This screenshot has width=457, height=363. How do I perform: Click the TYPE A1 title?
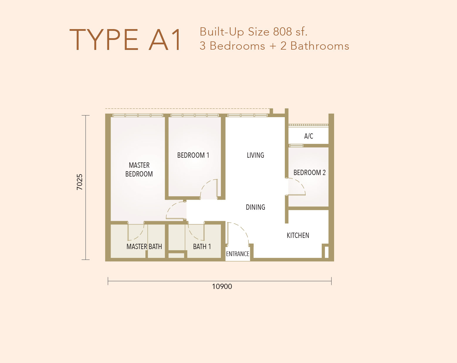point(125,40)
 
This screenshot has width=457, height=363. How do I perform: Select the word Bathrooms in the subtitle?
point(320,46)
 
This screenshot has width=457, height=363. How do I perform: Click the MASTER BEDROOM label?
point(139,169)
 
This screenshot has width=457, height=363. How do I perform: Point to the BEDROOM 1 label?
point(193,155)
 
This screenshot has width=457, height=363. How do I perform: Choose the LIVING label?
point(255,155)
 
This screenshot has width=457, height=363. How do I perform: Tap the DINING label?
point(255,207)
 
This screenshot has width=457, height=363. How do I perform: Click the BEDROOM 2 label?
point(309,172)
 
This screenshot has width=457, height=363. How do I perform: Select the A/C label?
point(309,136)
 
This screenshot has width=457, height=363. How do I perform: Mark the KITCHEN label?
point(298,236)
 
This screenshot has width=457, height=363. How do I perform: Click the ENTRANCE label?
point(238,254)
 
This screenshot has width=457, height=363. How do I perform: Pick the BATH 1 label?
point(202,247)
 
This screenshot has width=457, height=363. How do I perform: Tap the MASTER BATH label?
point(144,247)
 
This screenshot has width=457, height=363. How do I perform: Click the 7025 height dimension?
point(79,182)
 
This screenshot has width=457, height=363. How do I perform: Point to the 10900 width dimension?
point(222,287)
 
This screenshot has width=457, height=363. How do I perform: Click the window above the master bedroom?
point(138,115)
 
